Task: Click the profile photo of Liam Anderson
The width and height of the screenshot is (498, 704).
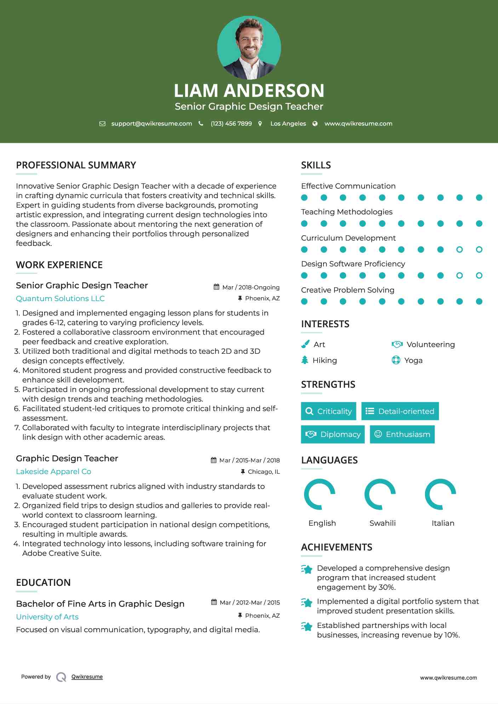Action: [249, 47]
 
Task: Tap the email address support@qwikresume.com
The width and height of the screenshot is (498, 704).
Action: [151, 123]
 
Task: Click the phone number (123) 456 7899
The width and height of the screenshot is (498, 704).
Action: [231, 123]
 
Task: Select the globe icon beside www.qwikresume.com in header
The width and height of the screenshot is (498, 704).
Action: [315, 123]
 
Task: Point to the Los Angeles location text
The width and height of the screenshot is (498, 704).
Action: [288, 123]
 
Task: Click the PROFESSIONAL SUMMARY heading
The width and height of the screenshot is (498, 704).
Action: [76, 165]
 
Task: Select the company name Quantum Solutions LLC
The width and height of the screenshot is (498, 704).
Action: [60, 299]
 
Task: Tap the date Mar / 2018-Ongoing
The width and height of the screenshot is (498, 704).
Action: [251, 287]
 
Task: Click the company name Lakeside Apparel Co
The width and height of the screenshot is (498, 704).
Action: [53, 472]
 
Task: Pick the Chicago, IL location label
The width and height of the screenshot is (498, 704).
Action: [264, 472]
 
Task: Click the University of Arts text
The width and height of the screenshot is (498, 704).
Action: [47, 617]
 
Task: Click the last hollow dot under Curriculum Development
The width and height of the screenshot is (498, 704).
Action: [479, 250]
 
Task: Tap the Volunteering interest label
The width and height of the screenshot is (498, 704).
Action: [430, 345]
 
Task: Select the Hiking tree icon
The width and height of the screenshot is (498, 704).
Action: [305, 360]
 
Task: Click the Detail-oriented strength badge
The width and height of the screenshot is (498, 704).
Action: [400, 411]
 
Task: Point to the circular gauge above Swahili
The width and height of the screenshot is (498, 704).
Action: [380, 494]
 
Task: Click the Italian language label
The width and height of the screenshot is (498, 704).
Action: [443, 523]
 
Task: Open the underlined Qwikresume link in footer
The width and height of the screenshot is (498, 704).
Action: [87, 677]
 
